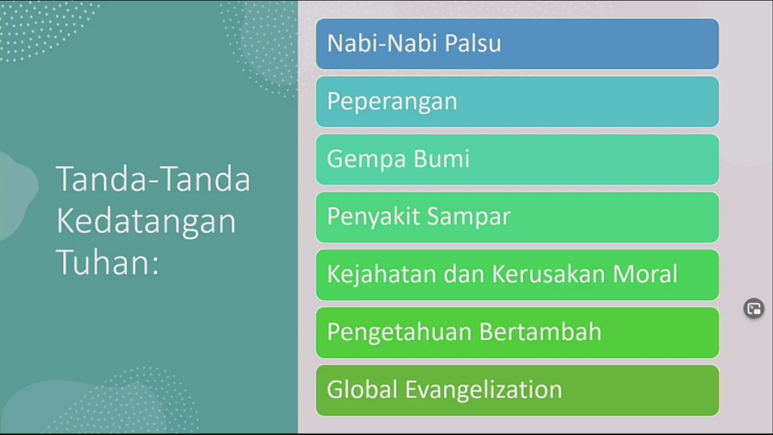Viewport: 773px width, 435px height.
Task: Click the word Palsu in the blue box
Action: tap(473, 43)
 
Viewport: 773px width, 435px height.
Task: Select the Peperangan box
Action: tap(517, 102)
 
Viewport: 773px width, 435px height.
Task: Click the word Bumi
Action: tap(441, 158)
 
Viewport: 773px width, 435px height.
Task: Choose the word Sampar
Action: tap(468, 217)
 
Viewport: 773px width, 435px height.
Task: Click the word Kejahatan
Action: tap(381, 274)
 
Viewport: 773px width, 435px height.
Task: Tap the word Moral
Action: tap(645, 274)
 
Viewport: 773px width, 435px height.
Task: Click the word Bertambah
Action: tap(540, 332)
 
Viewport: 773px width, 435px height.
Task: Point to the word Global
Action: tap(362, 389)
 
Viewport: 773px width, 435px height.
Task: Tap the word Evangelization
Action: tap(484, 389)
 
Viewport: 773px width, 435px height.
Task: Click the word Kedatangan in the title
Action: tap(146, 222)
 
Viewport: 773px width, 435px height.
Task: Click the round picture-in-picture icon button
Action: tap(754, 309)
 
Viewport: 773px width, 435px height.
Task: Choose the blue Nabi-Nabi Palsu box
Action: tap(517, 44)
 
